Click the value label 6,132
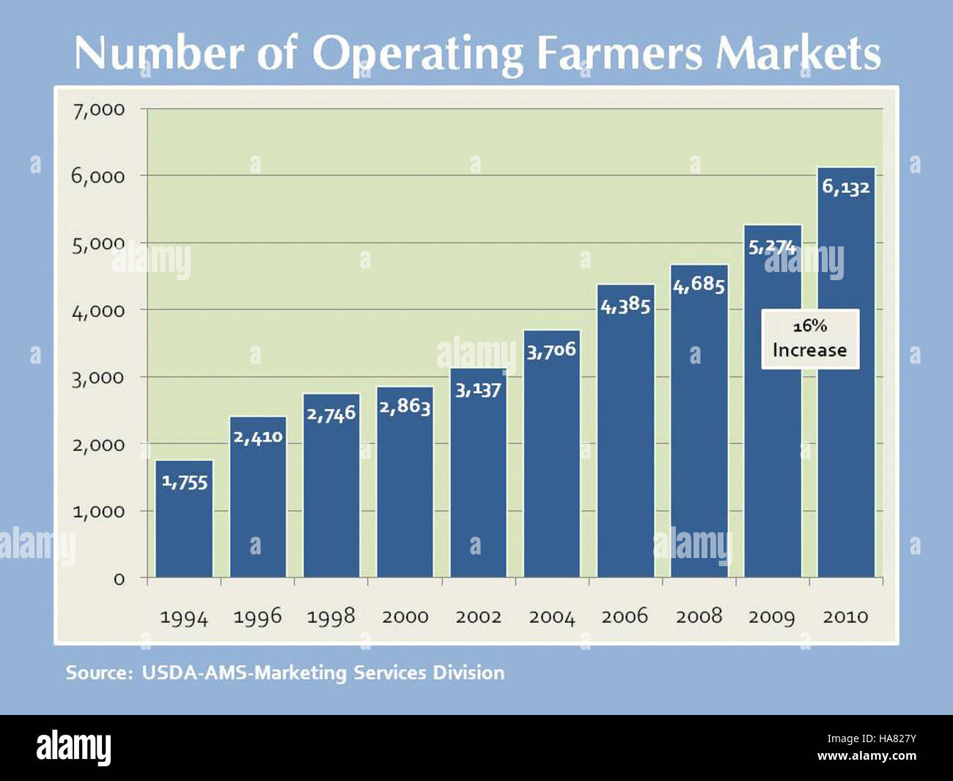845,187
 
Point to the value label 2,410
258,437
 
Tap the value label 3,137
478,389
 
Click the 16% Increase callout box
810,339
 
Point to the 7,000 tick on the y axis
98,110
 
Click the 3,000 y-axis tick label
98,378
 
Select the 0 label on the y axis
119,579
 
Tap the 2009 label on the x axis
772,617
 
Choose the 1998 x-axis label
331,617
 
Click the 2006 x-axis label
625,616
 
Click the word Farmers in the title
619,54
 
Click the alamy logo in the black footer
74,748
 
